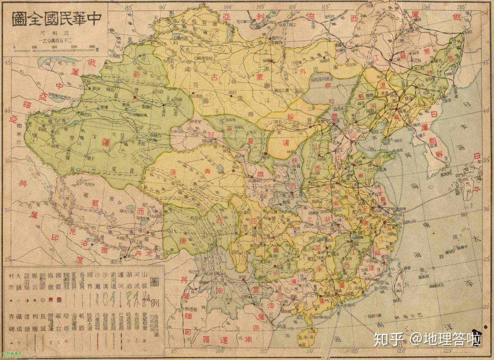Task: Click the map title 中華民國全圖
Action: tap(55, 19)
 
